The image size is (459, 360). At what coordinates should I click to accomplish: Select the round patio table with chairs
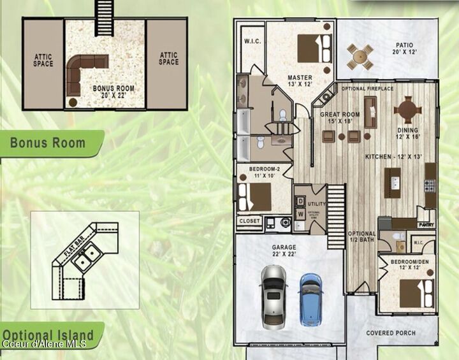[360, 56]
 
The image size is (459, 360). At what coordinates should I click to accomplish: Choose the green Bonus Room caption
[48, 142]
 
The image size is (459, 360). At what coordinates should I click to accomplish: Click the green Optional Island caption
[47, 335]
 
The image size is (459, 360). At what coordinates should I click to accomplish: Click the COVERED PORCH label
[391, 333]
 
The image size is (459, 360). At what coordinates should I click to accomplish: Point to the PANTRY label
[426, 225]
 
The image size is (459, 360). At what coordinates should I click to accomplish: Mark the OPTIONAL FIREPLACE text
[367, 89]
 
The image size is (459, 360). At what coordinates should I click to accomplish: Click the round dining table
[407, 109]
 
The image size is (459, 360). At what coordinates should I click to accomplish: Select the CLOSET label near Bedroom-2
[249, 221]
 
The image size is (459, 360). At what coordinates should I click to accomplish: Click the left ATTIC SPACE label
[43, 59]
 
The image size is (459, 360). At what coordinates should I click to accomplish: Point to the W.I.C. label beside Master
[251, 41]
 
